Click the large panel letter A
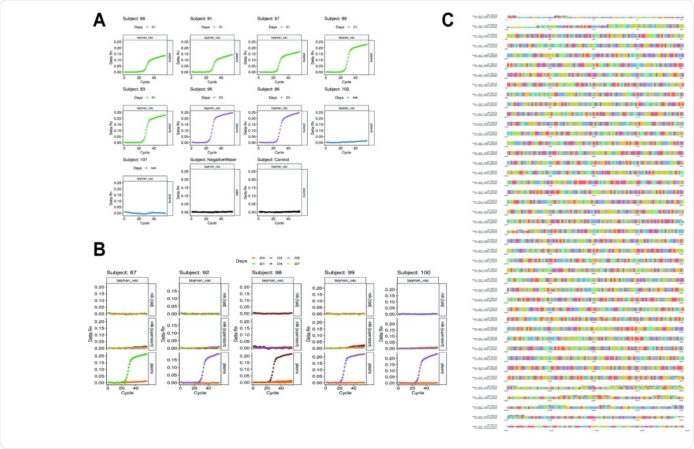(x=99, y=20)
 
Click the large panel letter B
(x=99, y=249)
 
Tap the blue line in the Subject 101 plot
(x=139, y=212)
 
